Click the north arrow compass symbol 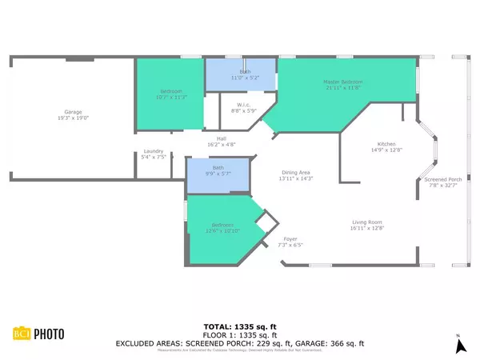[459, 345]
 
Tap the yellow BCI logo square [21, 334]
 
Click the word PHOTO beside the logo [50, 334]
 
